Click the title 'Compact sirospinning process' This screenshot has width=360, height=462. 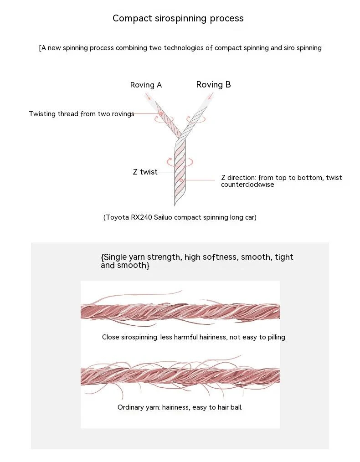pos(178,18)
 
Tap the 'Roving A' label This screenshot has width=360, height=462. pos(146,85)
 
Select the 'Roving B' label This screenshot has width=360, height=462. pos(213,85)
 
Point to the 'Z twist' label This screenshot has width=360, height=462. pos(145,172)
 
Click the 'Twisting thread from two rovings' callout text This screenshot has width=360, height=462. pos(82,114)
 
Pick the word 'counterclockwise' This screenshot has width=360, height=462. pos(247,185)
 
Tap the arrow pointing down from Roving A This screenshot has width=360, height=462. pos(148,96)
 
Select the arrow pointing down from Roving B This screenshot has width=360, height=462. pos(211,96)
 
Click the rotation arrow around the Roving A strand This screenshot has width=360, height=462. pos(164,121)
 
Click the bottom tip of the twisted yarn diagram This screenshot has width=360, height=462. pos(175,205)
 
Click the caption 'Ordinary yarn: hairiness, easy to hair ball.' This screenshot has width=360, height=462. pos(180,407)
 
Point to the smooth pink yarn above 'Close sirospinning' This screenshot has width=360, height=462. pos(180,312)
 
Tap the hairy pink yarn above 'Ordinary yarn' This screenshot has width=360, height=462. pos(180,376)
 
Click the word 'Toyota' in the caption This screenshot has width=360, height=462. pos(117,217)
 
